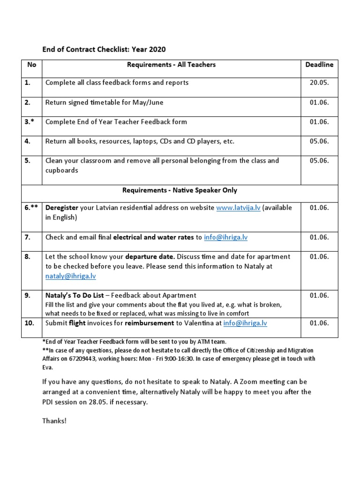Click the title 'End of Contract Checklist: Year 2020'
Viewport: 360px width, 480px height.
pyautogui.click(x=104, y=49)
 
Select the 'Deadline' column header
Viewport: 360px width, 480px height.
pyautogui.click(x=319, y=65)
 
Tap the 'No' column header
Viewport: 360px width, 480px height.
pyautogui.click(x=31, y=65)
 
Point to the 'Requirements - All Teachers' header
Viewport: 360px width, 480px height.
pyautogui.click(x=169, y=65)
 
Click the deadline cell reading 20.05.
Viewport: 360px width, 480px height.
pyautogui.click(x=319, y=82)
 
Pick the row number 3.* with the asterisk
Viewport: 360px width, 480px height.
pyautogui.click(x=30, y=122)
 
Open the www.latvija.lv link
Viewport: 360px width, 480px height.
pyautogui.click(x=238, y=208)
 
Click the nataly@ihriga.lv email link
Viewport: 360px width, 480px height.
pyautogui.click(x=70, y=276)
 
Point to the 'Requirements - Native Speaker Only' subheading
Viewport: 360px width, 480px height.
pyautogui.click(x=180, y=190)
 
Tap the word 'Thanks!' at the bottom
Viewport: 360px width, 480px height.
pyautogui.click(x=54, y=420)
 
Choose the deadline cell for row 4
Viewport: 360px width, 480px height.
pyautogui.click(x=319, y=141)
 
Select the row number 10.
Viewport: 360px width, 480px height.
pyautogui.click(x=29, y=323)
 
